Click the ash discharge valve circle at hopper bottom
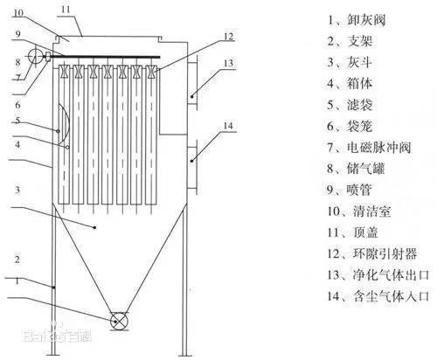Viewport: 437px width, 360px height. pyautogui.click(x=119, y=321)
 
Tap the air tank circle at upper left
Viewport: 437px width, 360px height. pyautogui.click(x=35, y=56)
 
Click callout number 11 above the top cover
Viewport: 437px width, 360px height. pyautogui.click(x=66, y=10)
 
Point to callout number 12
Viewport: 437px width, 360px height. pyautogui.click(x=229, y=37)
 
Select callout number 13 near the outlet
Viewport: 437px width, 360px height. pyautogui.click(x=229, y=63)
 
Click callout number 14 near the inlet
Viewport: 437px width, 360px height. pyautogui.click(x=229, y=126)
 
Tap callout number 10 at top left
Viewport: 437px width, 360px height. pyautogui.click(x=18, y=13)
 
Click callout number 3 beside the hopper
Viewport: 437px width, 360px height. pyautogui.click(x=17, y=190)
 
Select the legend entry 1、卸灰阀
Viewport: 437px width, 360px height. pyautogui.click(x=357, y=20)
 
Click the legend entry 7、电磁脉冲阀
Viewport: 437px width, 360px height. pyautogui.click(x=369, y=147)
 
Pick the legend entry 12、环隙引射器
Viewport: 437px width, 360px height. pyautogui.click(x=371, y=253)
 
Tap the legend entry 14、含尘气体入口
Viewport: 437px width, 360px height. pyautogui.click(x=378, y=296)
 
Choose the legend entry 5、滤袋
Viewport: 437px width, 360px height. pyautogui.click(x=350, y=105)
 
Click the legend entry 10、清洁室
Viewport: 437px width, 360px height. pyautogui.click(x=359, y=211)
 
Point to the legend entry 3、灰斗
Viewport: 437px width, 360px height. pyautogui.click(x=350, y=62)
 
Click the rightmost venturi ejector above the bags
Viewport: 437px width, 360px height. pyautogui.click(x=150, y=72)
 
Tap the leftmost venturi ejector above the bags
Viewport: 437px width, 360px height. pyautogui.click(x=64, y=72)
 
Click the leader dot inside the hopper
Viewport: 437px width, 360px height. pyautogui.click(x=94, y=227)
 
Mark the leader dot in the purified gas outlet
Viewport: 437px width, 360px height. pyautogui.click(x=192, y=96)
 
